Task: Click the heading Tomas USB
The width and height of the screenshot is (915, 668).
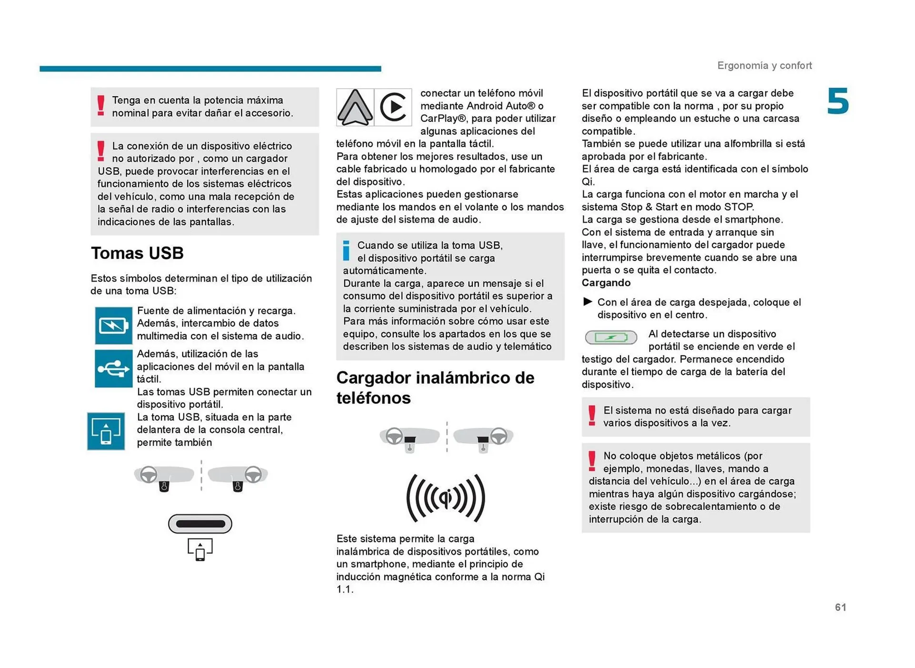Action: tap(137, 253)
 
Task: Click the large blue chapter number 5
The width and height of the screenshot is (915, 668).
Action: tap(838, 101)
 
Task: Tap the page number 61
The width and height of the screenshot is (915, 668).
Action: tap(840, 607)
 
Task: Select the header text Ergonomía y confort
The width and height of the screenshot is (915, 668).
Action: tap(764, 65)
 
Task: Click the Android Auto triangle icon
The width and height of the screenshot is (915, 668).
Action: tap(355, 107)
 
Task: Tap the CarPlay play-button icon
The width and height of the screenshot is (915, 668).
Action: tap(393, 107)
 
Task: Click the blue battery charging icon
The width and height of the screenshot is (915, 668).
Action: tap(113, 326)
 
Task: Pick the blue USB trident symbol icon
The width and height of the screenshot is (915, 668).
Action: tap(113, 369)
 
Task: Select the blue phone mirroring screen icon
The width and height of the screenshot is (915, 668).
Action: tap(106, 431)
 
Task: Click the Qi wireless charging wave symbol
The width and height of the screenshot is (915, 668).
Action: tap(446, 498)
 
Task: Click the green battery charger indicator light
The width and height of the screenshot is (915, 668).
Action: tap(611, 337)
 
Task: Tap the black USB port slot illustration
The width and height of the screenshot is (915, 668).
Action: tap(200, 524)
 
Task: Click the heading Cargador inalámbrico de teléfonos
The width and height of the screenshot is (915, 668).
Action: tap(435, 387)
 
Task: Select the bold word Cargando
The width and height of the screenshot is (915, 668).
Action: tap(606, 283)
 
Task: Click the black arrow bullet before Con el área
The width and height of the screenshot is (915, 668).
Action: tap(588, 302)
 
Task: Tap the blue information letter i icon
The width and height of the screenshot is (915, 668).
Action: tap(346, 250)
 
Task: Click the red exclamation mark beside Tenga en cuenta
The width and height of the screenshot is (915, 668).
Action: tap(101, 106)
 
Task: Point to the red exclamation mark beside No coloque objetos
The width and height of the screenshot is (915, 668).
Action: tap(592, 461)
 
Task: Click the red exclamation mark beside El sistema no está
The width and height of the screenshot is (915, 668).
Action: tap(592, 415)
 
